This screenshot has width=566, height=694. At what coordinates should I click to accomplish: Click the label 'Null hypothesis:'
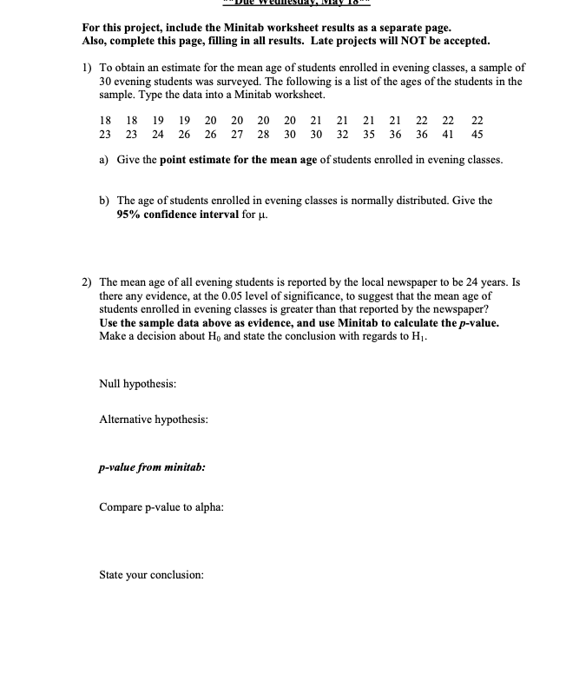pos(139,383)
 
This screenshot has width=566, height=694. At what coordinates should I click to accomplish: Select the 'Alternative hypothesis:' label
pos(154,420)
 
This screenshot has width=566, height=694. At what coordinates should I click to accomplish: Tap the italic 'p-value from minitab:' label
pos(152,466)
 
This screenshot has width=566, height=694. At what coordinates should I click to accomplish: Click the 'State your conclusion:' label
pos(152,575)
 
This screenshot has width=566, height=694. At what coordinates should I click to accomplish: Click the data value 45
pos(477,135)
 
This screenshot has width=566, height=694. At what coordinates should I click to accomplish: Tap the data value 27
pos(237,135)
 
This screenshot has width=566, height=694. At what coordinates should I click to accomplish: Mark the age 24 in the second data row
pos(158,135)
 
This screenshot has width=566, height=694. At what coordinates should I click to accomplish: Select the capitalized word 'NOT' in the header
pos(387,41)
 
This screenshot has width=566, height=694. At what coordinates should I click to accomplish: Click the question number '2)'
pos(88,283)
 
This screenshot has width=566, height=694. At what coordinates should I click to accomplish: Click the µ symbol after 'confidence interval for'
pos(260,215)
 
